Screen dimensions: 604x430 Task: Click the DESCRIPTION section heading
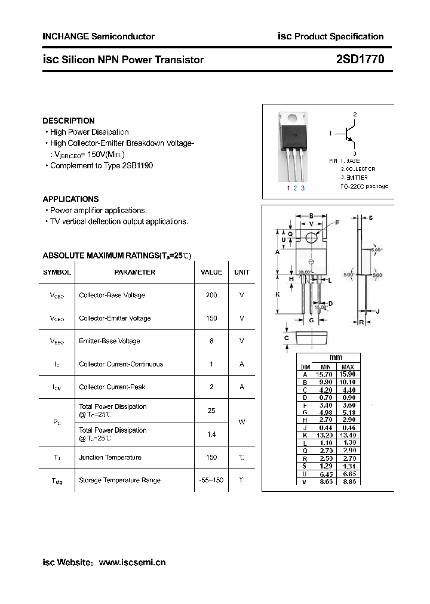[69, 121]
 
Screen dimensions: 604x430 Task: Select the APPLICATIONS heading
[70, 199]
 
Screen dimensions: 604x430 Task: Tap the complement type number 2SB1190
[137, 165]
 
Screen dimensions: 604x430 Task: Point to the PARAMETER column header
[134, 272]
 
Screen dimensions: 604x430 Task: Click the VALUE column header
[211, 272]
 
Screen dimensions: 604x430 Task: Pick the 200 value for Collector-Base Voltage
[211, 295]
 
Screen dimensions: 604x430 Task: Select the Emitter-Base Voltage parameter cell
[109, 341]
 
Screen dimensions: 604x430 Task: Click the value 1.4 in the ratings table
[211, 434]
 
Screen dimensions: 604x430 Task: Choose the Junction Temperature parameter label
[110, 457]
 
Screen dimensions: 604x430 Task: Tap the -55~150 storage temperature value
[211, 480]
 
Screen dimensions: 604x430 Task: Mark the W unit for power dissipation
[242, 422]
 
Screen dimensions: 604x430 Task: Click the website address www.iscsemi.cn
[132, 562]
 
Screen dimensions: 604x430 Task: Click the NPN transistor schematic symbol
[349, 133]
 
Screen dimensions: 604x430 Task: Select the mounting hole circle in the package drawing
[311, 238]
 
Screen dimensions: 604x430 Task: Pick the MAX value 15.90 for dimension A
[347, 374]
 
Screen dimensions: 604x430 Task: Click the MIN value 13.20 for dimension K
[325, 435]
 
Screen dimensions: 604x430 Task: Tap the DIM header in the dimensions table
[305, 367]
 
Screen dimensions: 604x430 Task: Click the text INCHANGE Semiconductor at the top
[99, 36]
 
